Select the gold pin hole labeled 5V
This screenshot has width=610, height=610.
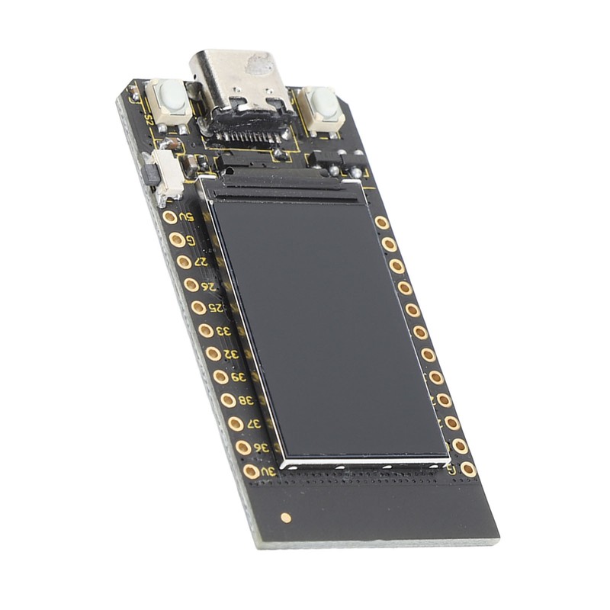[169, 217]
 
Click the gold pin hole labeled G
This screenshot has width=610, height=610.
[176, 239]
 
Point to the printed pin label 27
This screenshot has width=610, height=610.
[202, 262]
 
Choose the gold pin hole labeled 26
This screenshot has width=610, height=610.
[191, 284]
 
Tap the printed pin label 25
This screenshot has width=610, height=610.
[217, 307]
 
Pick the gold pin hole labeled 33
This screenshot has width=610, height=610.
[206, 330]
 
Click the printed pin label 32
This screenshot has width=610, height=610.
[231, 354]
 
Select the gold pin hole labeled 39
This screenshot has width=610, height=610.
[220, 376]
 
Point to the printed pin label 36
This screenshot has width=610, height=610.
[261, 448]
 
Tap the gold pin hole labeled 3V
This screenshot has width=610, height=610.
[251, 471]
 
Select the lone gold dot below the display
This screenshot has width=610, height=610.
[286, 517]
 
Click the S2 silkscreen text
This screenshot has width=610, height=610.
[149, 118]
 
